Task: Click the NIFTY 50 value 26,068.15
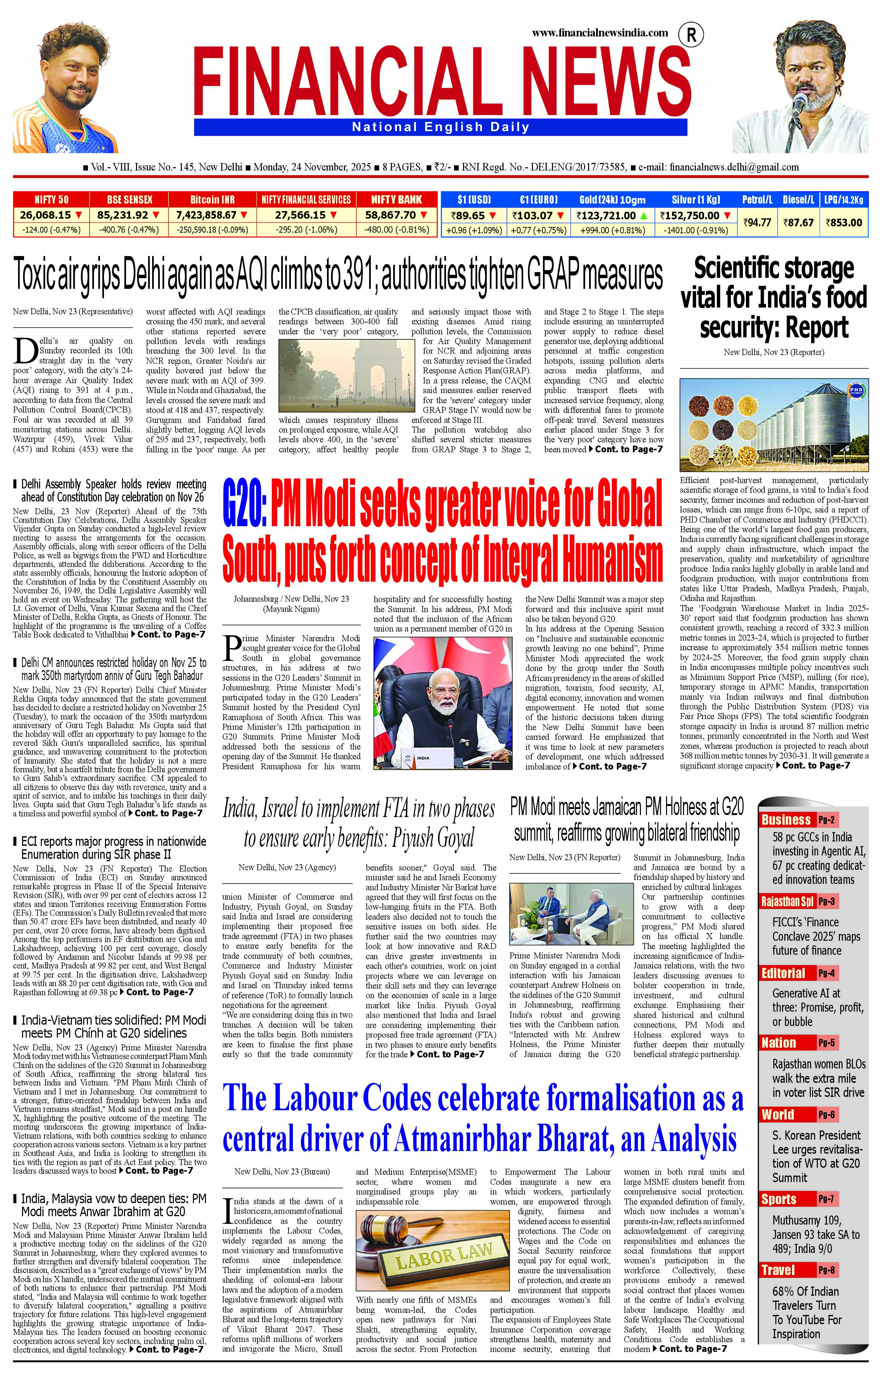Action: pos(45,215)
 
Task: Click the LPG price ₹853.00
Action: pos(844,222)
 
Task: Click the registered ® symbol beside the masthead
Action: pos(691,35)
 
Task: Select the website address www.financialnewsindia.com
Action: pos(600,33)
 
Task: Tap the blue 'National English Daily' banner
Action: pos(440,127)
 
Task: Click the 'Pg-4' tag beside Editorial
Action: pos(826,973)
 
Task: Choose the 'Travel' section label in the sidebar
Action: pos(778,1270)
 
